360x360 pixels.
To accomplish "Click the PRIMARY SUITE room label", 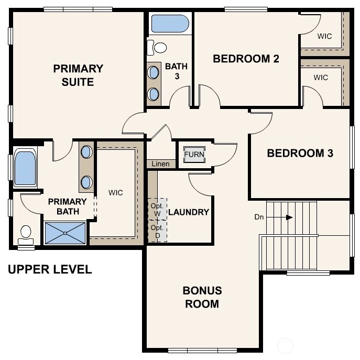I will pyautogui.click(x=78, y=75).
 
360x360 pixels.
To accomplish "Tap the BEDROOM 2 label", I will pyautogui.click(x=245, y=59).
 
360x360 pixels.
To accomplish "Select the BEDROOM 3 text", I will pyautogui.click(x=300, y=154).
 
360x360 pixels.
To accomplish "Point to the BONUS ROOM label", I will pyautogui.click(x=202, y=297).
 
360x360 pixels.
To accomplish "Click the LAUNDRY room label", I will pyautogui.click(x=189, y=212).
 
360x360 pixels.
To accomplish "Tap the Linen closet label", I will pyautogui.click(x=161, y=164).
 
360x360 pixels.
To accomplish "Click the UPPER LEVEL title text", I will pyautogui.click(x=50, y=270).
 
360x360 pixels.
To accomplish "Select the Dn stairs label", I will pyautogui.click(x=259, y=216).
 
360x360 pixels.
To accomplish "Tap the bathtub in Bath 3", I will pyautogui.click(x=170, y=24).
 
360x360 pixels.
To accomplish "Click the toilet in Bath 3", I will pyautogui.click(x=157, y=48).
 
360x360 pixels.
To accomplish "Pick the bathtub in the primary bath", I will pyautogui.click(x=25, y=168).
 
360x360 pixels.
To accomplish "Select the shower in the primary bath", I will pyautogui.click(x=65, y=233).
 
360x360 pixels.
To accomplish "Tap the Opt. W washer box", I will pyautogui.click(x=157, y=209).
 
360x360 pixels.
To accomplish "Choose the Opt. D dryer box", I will pyautogui.click(x=157, y=231).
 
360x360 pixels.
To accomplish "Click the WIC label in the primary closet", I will pyautogui.click(x=116, y=193).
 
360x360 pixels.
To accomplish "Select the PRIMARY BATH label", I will pyautogui.click(x=68, y=206).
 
